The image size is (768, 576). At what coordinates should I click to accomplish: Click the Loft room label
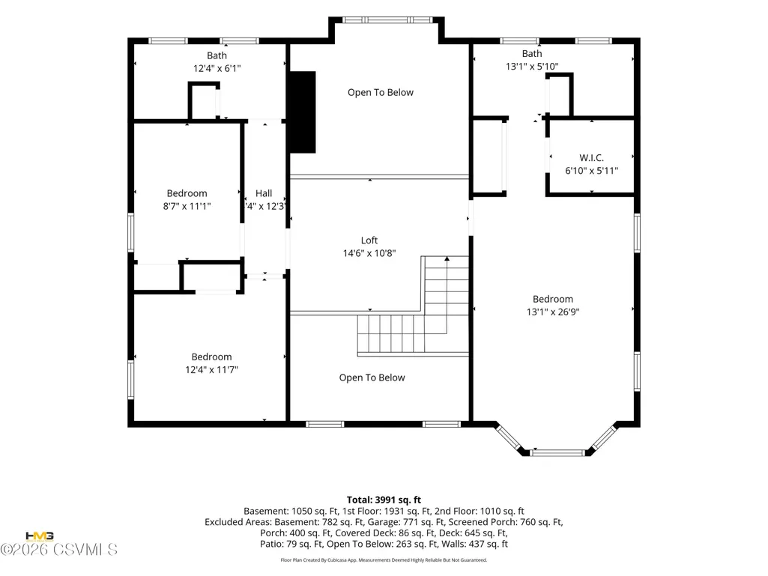(369, 240)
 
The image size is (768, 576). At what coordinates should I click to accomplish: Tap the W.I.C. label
(591, 158)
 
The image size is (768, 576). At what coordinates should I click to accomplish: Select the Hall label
(264, 193)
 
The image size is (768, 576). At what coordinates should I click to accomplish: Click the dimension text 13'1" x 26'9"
(553, 312)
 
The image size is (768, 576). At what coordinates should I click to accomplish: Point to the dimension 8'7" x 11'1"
(187, 206)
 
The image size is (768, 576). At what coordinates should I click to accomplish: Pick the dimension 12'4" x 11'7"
(211, 370)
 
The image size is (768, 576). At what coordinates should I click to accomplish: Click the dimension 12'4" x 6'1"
(217, 69)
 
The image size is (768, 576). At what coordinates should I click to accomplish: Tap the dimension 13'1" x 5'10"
(532, 66)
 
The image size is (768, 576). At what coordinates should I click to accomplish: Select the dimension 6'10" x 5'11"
(592, 171)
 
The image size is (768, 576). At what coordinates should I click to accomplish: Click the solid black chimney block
(302, 112)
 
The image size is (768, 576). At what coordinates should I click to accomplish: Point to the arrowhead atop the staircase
(447, 258)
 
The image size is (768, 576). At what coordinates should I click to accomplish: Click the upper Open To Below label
(381, 93)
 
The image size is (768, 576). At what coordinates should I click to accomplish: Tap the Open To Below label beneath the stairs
(372, 378)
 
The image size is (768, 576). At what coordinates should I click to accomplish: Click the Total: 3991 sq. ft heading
(384, 500)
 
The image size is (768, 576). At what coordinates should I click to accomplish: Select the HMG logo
(39, 536)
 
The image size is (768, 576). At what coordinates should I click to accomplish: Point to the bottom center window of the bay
(558, 453)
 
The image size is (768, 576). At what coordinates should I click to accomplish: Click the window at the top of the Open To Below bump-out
(387, 20)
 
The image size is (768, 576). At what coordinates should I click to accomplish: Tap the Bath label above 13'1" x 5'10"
(532, 54)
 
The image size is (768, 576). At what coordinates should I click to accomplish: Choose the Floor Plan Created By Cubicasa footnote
(384, 560)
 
